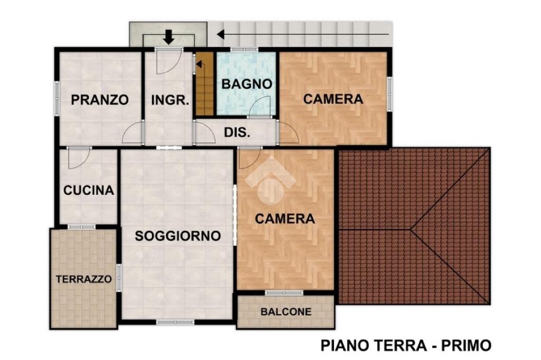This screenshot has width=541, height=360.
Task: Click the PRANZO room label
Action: [x=100, y=100]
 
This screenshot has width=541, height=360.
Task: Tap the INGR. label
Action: [x=170, y=100]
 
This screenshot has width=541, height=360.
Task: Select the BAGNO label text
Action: [x=247, y=84]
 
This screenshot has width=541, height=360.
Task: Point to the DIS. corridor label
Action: [x=237, y=132]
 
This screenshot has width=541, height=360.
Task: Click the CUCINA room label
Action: [x=89, y=191]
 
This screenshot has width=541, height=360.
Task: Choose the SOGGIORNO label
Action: [x=178, y=236]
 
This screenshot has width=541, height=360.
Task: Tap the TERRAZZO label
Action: [x=84, y=279]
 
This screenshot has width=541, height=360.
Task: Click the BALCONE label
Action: [x=286, y=312]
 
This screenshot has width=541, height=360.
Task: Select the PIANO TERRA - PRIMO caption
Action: [x=406, y=345]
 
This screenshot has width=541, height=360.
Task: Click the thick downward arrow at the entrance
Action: [x=169, y=37]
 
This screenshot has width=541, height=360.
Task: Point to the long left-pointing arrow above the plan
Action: [x=303, y=34]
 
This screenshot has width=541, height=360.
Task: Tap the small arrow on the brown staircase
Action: [x=199, y=64]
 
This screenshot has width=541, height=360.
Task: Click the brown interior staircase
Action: [x=204, y=84]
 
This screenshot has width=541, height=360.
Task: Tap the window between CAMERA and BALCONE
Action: [x=284, y=293]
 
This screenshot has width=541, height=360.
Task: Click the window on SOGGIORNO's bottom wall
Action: [x=175, y=323]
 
